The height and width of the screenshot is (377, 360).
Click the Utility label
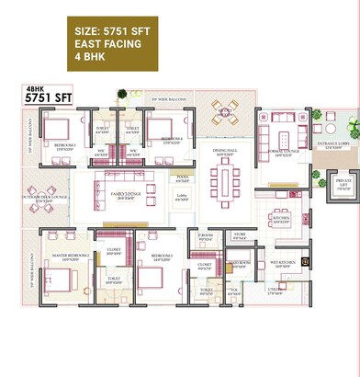pos(276,292)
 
